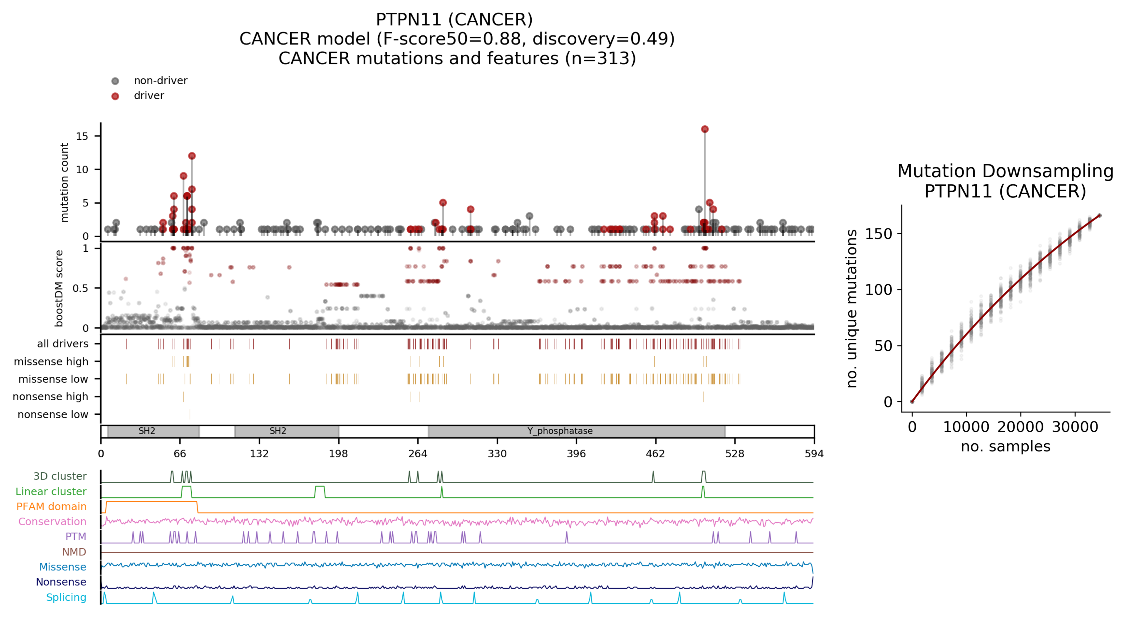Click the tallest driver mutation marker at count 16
pos(705,129)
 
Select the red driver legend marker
pos(115,96)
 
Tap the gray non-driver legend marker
pos(115,81)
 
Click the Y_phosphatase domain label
pos(560,431)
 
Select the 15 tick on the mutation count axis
pos(82,136)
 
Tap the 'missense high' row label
pos(51,361)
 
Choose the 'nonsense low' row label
pos(53,414)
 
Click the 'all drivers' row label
pos(63,344)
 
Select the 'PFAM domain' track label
pos(51,506)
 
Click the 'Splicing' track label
pos(66,597)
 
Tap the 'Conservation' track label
pos(52,522)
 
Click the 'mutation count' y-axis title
pos(65,182)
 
